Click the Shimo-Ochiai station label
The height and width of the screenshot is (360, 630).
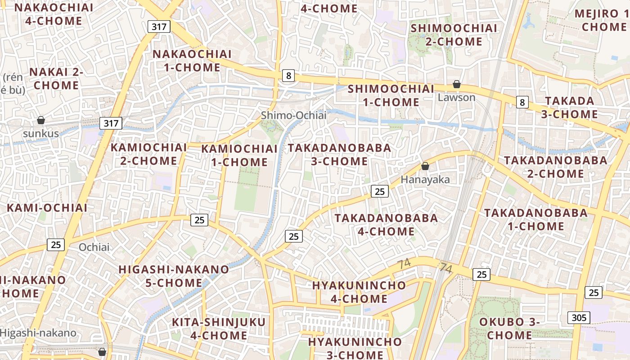[293, 116]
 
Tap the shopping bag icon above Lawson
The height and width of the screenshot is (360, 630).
[456, 84]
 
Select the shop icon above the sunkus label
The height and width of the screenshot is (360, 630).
[41, 120]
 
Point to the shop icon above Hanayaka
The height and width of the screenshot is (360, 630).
[425, 166]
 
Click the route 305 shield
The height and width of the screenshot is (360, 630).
[579, 318]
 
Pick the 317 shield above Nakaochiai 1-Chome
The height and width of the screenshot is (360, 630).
[159, 27]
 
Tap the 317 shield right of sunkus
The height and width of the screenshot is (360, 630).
[111, 123]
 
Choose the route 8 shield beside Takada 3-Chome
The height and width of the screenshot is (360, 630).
[522, 102]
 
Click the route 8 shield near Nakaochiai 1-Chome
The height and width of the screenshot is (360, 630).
[288, 76]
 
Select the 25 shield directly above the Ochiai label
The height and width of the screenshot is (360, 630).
[56, 245]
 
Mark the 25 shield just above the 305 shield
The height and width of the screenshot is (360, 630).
[594, 292]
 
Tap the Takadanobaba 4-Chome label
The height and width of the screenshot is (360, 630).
[386, 225]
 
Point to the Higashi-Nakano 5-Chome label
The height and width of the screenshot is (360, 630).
[173, 276]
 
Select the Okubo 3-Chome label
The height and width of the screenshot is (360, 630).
[509, 328]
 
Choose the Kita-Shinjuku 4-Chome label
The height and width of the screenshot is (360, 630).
[219, 328]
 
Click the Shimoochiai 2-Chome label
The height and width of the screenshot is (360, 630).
[454, 35]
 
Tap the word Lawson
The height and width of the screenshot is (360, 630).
[456, 97]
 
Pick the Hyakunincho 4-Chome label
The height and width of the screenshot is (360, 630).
[359, 292]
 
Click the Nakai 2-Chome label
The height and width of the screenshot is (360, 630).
[56, 78]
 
